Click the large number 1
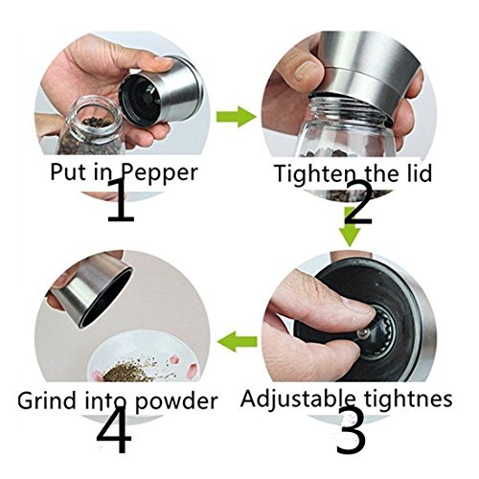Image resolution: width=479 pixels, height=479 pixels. tap(121, 200)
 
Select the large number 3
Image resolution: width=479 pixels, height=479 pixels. tap(351, 430)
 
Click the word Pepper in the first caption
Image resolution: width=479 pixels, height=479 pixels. tap(160, 173)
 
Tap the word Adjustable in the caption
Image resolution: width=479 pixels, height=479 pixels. tap(298, 399)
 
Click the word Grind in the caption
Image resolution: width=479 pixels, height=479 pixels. tap(46, 400)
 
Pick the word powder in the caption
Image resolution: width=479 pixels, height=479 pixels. tap(176, 401)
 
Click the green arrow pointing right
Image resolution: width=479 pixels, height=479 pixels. tap(237, 117)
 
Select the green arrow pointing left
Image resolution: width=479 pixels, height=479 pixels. tap(237, 341)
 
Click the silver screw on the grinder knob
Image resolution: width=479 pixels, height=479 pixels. tap(363, 334)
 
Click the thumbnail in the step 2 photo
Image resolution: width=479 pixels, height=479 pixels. tap(304, 71)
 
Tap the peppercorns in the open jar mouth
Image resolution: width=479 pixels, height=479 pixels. tap(93, 123)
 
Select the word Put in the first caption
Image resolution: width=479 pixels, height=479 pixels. tap(68, 172)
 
